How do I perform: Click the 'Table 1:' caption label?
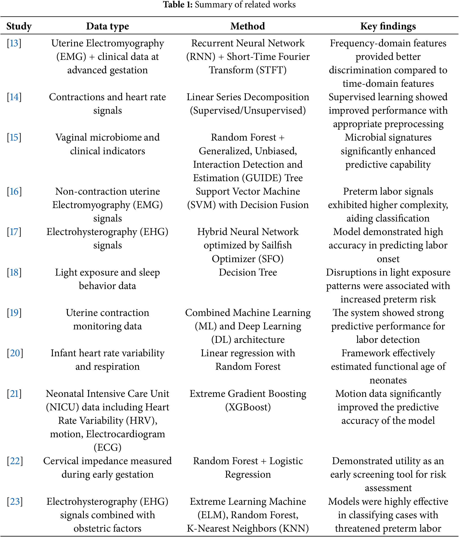(x=177, y=5)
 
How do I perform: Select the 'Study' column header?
(x=19, y=26)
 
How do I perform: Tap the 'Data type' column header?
(x=108, y=26)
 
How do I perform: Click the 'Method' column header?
(x=248, y=26)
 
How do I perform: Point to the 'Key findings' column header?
(x=388, y=26)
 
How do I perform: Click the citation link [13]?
(x=14, y=43)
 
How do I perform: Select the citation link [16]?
(x=14, y=192)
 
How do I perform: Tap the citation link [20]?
(x=15, y=353)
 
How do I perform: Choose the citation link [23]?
(x=15, y=502)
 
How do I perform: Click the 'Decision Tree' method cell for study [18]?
(x=248, y=272)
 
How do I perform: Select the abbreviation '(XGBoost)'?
(x=248, y=407)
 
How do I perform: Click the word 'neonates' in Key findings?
(x=388, y=380)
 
